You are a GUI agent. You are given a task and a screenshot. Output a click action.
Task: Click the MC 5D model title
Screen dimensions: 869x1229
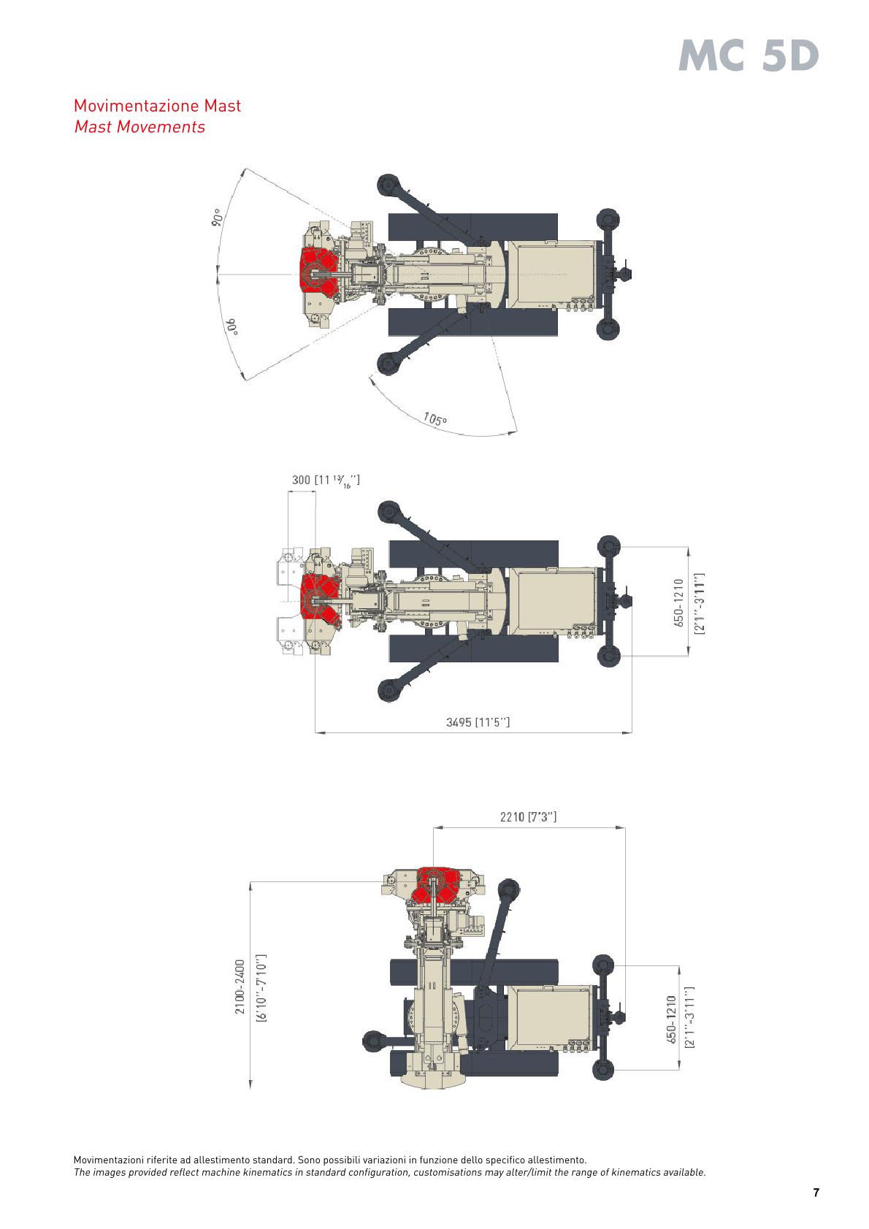pos(749,56)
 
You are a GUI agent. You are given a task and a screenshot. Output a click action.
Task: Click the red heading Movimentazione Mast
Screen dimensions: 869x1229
pos(158,105)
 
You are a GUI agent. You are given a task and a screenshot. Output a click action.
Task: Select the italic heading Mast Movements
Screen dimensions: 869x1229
pos(139,127)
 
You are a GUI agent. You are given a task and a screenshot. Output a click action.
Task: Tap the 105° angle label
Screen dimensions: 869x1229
pos(435,419)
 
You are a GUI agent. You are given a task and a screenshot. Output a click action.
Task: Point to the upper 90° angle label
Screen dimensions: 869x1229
pos(218,218)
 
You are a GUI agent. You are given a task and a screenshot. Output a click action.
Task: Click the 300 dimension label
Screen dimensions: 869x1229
pos(301,480)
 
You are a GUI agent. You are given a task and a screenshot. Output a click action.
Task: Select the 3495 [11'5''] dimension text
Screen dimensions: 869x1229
pos(478,722)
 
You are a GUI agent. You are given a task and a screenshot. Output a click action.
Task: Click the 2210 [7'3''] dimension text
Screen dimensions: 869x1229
pos(528,817)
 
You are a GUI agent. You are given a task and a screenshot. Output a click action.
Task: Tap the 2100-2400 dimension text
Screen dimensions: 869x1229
pos(240,987)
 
